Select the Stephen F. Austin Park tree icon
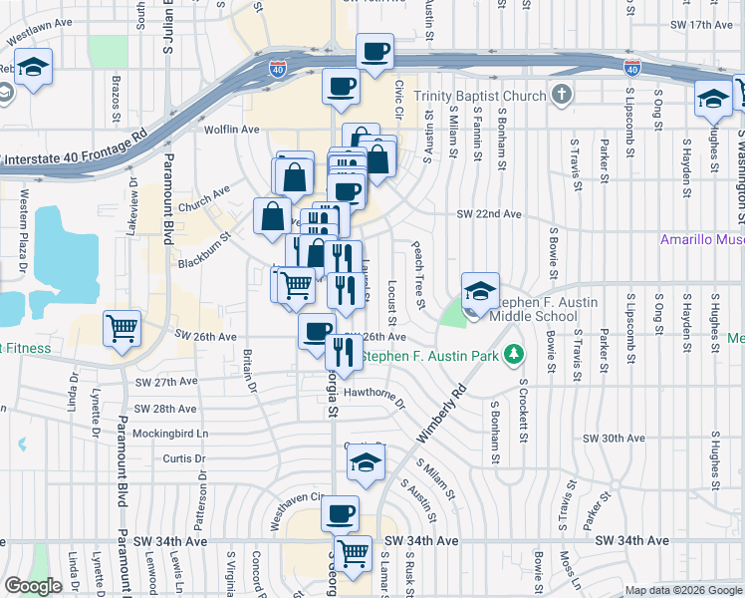514,354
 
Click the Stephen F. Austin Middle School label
538,309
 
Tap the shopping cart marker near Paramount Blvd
122,327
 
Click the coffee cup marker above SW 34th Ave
341,513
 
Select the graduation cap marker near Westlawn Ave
34,68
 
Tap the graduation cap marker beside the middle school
480,291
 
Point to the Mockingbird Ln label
171,435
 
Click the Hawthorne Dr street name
375,397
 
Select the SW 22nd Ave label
489,214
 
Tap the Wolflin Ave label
231,130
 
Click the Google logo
33,586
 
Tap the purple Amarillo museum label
702,240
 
